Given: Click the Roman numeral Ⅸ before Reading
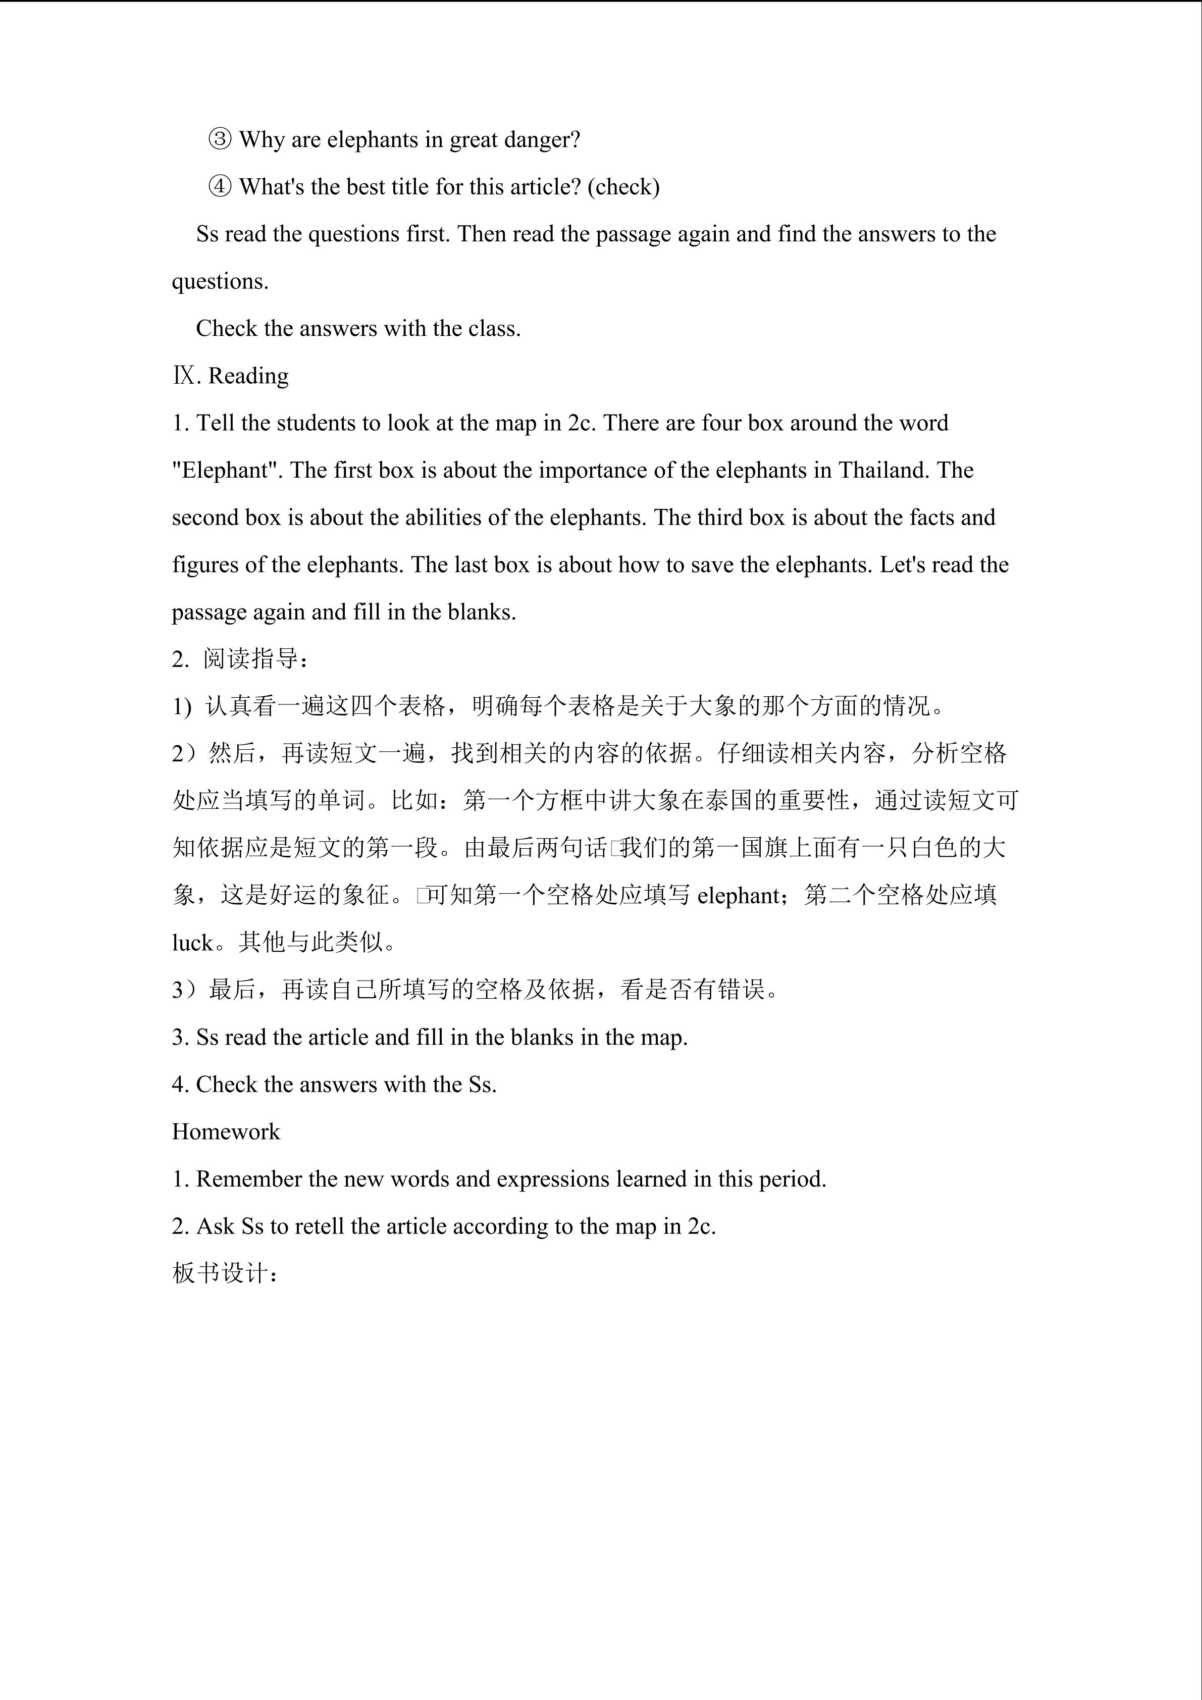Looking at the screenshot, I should tap(185, 375).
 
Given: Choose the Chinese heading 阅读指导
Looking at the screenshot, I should tap(250, 658).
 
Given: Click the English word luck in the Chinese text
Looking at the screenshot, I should tap(192, 943).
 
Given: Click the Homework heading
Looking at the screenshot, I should tap(226, 1131).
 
